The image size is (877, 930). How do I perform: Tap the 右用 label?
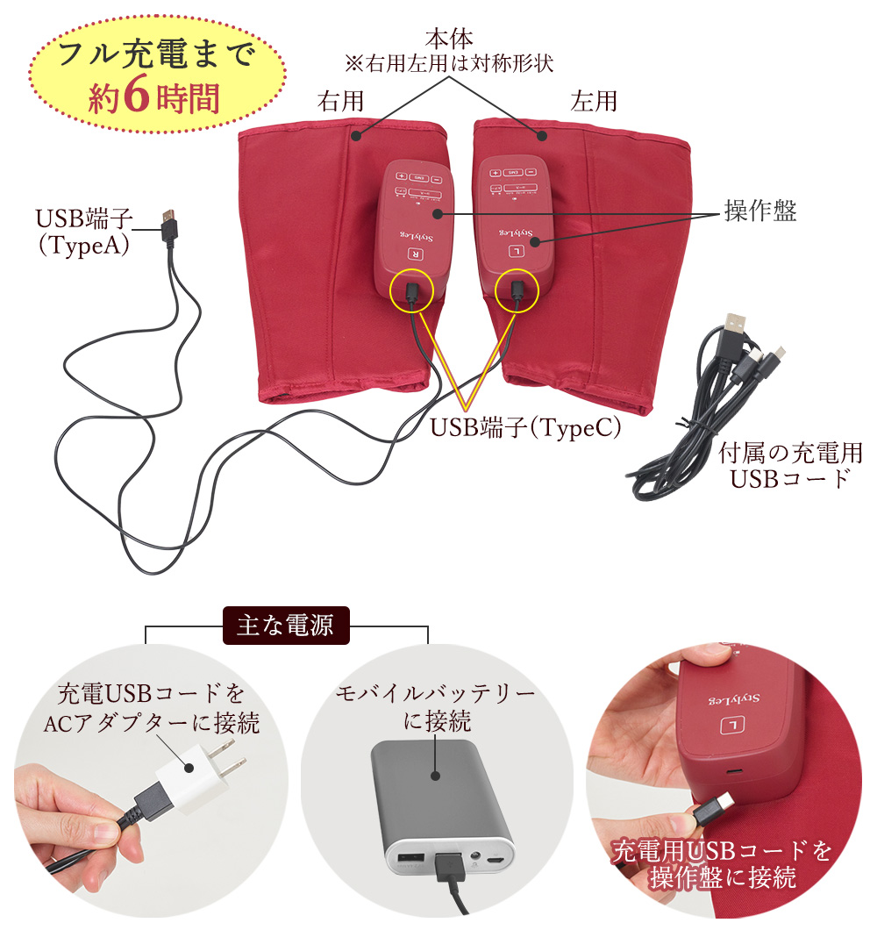(340, 101)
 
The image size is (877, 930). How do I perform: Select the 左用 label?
(594, 101)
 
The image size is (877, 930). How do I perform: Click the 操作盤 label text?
(760, 211)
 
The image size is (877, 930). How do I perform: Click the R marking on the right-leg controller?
(414, 254)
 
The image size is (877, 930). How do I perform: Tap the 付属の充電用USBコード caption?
(790, 466)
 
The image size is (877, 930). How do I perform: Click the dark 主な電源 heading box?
(287, 626)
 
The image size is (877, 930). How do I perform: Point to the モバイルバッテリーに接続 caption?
(436, 707)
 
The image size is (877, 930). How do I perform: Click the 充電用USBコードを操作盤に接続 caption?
(721, 863)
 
